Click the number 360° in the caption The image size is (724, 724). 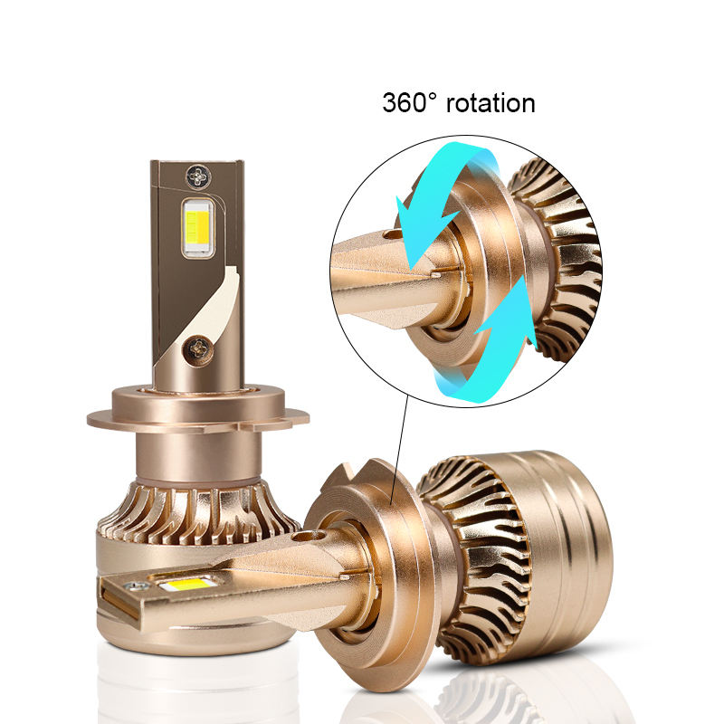click(410, 102)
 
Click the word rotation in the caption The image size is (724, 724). click(491, 102)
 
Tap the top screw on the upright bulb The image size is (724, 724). click(199, 176)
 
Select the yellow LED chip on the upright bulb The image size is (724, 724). click(198, 227)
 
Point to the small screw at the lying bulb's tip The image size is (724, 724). click(138, 586)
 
